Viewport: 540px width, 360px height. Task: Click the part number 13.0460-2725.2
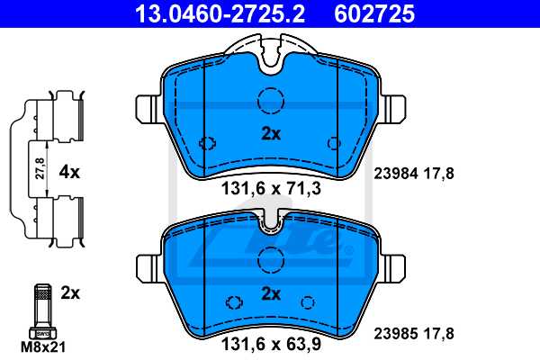coord(210,13)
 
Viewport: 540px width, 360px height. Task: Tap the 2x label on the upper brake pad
coord(271,133)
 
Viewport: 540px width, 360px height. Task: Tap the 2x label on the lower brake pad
coord(271,292)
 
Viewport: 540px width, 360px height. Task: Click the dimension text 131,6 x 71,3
coord(271,190)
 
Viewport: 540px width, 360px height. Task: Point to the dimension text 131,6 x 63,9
coord(271,343)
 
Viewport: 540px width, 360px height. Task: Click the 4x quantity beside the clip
coord(70,170)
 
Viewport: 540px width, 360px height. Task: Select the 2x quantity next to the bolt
coord(70,293)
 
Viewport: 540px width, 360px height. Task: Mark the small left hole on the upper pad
coord(208,143)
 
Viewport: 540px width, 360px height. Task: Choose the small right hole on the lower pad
coord(306,303)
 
